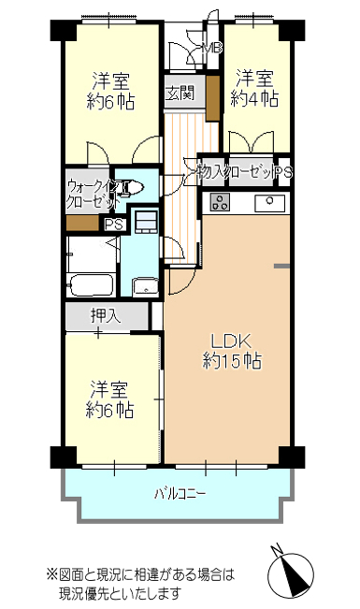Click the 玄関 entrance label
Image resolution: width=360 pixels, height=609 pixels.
(180, 94)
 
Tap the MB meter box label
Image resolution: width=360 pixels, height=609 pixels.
(212, 48)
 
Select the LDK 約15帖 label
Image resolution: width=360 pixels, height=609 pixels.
(232, 352)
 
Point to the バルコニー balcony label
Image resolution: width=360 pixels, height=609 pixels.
(180, 494)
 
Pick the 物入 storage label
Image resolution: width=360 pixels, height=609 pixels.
(211, 172)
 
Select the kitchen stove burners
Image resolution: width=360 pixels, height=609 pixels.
(220, 202)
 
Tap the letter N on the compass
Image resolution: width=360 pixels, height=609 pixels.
(277, 551)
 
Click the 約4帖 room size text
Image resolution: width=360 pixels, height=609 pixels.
(254, 99)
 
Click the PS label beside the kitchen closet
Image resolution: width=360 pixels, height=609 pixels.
(283, 172)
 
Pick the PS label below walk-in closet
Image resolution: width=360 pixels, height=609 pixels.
(115, 225)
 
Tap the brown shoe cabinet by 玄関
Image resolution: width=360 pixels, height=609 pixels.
(213, 98)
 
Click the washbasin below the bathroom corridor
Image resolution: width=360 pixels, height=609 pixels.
(145, 287)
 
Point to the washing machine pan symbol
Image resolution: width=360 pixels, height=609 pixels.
(146, 222)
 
